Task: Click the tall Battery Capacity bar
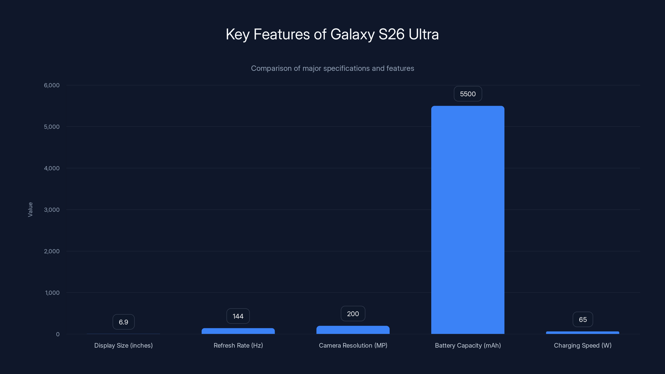(x=468, y=219)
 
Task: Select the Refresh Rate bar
(x=238, y=331)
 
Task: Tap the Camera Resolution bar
(x=353, y=330)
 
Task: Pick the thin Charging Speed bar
(x=582, y=333)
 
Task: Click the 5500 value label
(x=468, y=94)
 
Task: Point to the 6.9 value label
(x=123, y=322)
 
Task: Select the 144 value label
(x=238, y=316)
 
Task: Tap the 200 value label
(x=353, y=314)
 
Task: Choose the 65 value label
(x=583, y=320)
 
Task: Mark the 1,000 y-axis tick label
(x=52, y=293)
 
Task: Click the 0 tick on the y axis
(x=58, y=334)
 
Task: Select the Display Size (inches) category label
(x=123, y=345)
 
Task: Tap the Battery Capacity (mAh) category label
(x=468, y=345)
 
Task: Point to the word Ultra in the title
(x=423, y=34)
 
